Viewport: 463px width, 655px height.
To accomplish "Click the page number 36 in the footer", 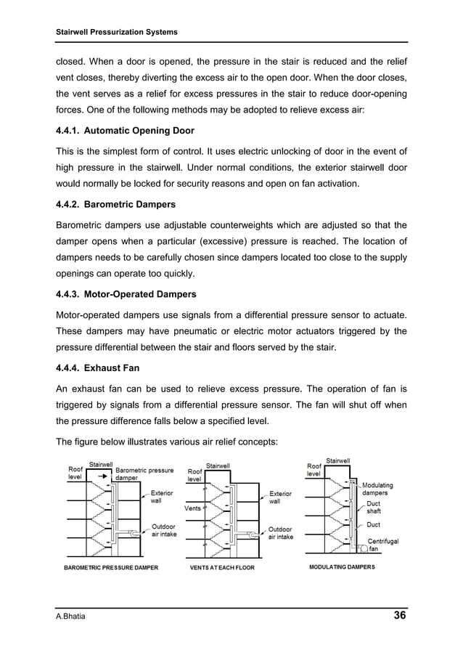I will point(399,617).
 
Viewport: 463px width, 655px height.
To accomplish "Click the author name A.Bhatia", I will point(71,617).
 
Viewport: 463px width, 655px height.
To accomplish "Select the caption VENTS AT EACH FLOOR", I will point(222,567).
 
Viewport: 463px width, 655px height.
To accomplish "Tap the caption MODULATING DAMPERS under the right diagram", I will point(342,566).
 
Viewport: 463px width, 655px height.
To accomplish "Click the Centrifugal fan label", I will point(385,545).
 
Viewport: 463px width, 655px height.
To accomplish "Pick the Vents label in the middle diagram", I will point(192,508).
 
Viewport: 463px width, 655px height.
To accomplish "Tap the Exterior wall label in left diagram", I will point(162,496).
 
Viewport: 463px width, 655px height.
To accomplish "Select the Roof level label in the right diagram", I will point(314,469).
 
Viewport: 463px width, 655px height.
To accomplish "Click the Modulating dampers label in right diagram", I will point(377,489).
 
